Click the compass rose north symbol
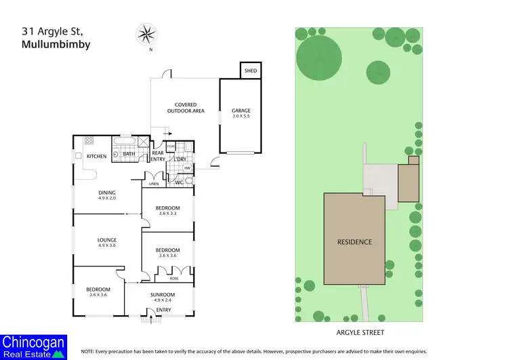click(x=146, y=35)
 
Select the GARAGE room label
click(x=241, y=110)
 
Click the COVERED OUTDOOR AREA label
click(x=186, y=108)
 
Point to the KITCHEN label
click(x=96, y=157)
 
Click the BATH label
click(x=129, y=154)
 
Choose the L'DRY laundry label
click(x=179, y=159)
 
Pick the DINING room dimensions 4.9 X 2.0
click(x=108, y=198)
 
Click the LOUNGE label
click(x=107, y=239)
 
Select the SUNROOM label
click(x=164, y=294)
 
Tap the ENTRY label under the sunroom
click(x=164, y=310)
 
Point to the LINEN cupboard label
click(x=154, y=184)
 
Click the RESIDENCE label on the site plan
click(x=355, y=242)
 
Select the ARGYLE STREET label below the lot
click(x=359, y=333)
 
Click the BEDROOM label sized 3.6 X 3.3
click(x=167, y=207)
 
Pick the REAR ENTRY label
click(x=157, y=155)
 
